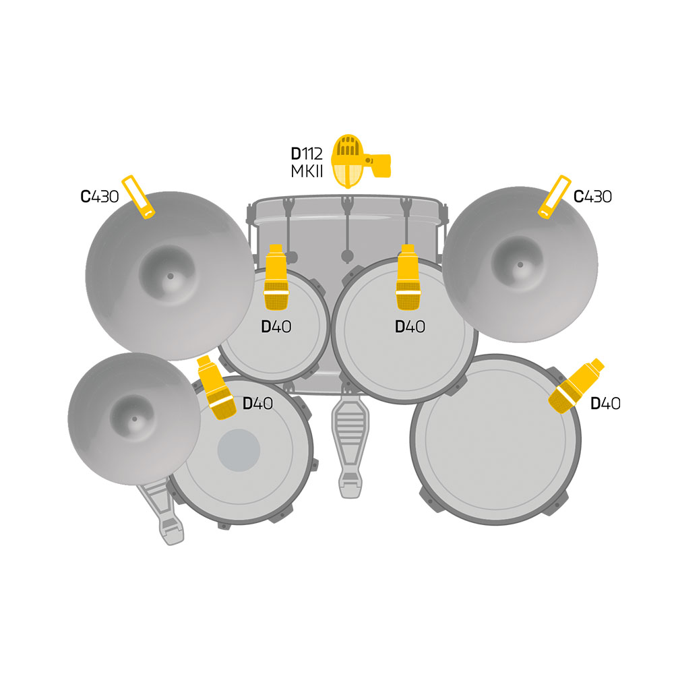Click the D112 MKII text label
[307, 162]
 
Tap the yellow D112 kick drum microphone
[360, 161]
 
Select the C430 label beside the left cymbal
[99, 196]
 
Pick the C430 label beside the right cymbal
[592, 196]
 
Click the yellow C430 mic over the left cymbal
[138, 197]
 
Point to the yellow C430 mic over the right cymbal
[555, 197]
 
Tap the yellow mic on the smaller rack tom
[276, 277]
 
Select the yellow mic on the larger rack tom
[408, 277]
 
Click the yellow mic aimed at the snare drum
[216, 388]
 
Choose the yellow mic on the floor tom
[576, 386]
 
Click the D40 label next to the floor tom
[605, 404]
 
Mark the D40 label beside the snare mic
[257, 404]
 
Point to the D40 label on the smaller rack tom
[276, 327]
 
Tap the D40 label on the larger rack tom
[410, 327]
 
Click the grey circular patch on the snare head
[239, 450]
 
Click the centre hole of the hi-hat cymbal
[135, 419]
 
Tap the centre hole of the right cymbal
[520, 265]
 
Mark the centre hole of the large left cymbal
[171, 276]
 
